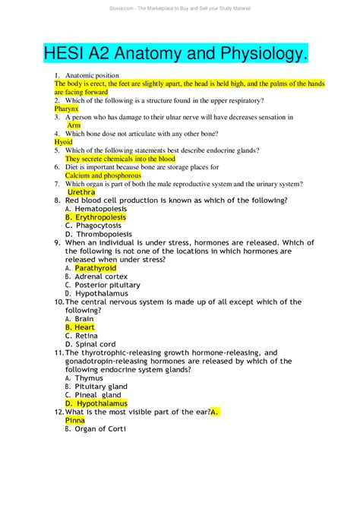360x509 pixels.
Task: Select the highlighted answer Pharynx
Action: (66, 109)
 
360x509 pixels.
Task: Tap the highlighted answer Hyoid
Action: (64, 141)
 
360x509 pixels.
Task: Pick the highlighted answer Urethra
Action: (81, 192)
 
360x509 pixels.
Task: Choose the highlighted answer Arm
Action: (74, 125)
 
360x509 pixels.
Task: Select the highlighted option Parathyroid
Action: (96, 268)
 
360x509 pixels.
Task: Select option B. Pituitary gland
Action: (96, 387)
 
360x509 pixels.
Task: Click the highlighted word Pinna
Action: (75, 420)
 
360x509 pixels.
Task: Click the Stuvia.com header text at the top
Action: (180, 8)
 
